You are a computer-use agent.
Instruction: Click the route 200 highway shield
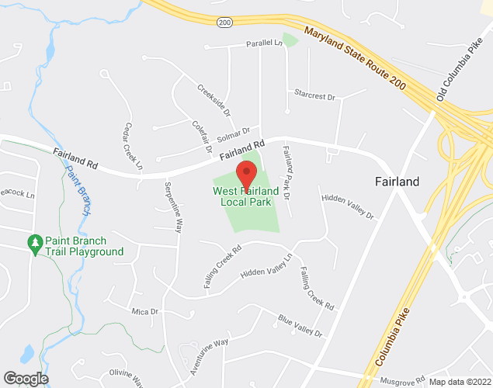224,23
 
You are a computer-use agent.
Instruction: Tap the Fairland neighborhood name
397,182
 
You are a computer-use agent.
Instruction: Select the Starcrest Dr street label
314,96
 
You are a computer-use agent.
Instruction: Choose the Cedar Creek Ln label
133,146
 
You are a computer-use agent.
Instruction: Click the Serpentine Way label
173,207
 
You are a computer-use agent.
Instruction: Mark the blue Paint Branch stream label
78,190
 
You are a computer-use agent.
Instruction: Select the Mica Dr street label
144,311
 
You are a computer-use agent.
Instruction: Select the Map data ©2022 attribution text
460,382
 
